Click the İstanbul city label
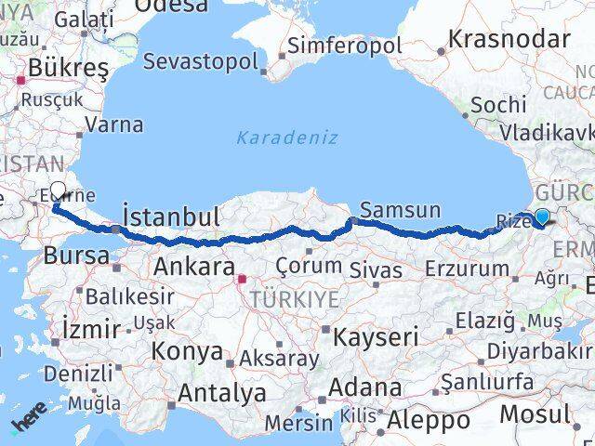pyautogui.click(x=172, y=217)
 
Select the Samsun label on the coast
pyautogui.click(x=400, y=210)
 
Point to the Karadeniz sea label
pyautogui.click(x=286, y=138)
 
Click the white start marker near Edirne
pyautogui.click(x=58, y=191)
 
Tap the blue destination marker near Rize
pyautogui.click(x=541, y=217)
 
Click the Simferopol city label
pyautogui.click(x=344, y=46)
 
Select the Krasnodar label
pyautogui.click(x=509, y=39)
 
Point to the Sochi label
pyautogui.click(x=497, y=104)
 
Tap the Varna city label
pyautogui.click(x=118, y=125)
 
